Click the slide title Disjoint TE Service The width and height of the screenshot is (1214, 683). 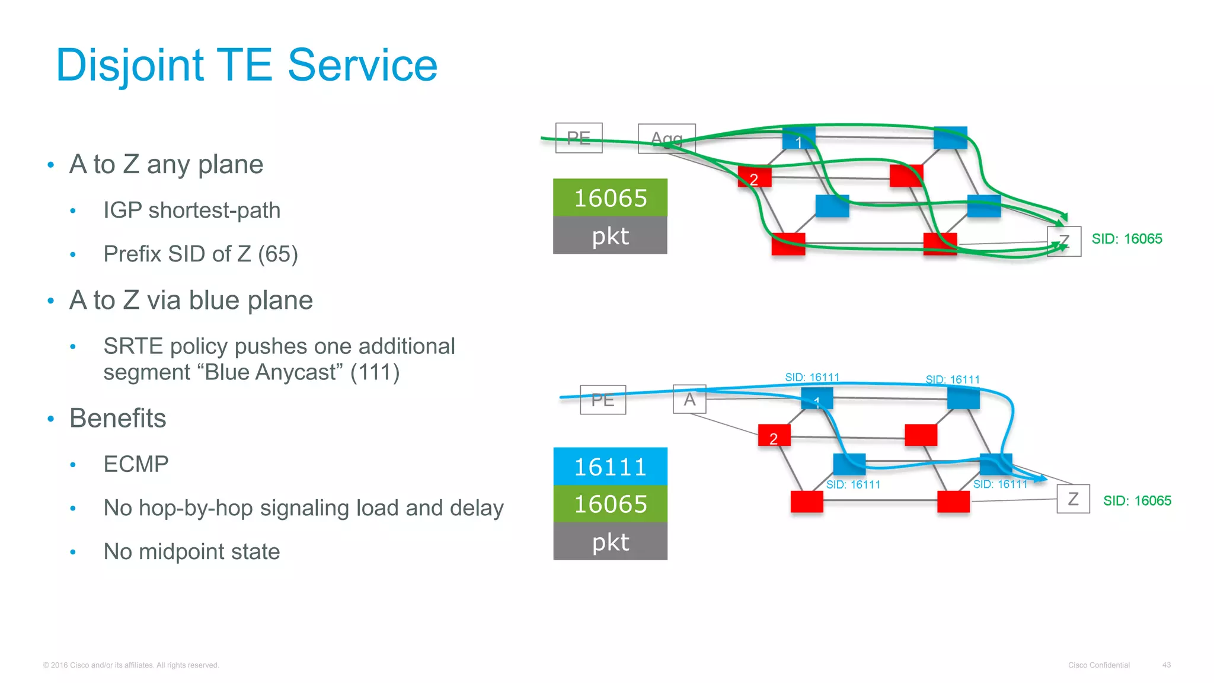246,65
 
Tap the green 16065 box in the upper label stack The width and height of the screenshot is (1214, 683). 610,198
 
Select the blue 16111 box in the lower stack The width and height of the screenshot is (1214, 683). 610,467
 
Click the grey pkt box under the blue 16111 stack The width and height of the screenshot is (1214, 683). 610,541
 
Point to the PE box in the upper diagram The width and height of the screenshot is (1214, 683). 579,138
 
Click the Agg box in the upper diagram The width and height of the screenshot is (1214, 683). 666,139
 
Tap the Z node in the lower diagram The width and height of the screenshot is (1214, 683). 1073,499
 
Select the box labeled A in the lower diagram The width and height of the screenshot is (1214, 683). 689,399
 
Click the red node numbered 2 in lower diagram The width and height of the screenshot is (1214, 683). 774,436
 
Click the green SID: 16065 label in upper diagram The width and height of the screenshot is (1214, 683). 1126,239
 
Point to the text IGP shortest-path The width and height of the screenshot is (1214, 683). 191,210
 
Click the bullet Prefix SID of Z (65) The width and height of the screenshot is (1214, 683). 200,254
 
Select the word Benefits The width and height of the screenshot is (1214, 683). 118,419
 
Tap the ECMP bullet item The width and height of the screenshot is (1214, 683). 136,464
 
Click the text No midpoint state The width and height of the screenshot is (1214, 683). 191,552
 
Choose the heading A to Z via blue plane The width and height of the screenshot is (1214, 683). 191,301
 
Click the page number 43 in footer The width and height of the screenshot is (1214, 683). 1166,665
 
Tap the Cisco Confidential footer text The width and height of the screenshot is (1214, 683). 1098,665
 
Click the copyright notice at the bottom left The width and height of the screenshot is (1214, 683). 131,665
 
